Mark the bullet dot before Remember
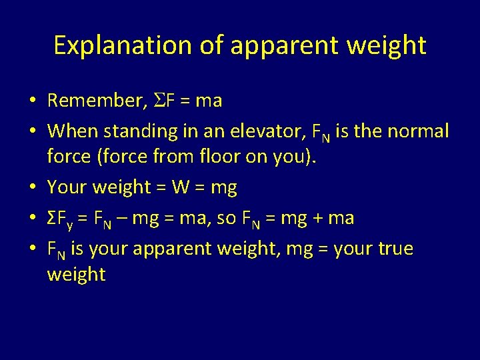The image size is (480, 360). point(32,101)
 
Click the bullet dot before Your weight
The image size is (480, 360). point(32,188)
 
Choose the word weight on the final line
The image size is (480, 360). point(76,274)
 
